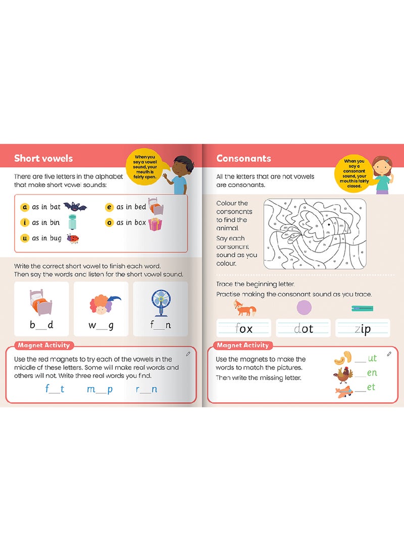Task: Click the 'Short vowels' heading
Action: coord(43,158)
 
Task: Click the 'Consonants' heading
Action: coord(243,158)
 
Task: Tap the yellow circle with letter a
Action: coord(25,207)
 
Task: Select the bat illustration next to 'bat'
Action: coord(75,206)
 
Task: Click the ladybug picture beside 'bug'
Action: coord(73,238)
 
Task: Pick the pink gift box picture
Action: coord(155,224)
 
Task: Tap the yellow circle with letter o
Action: coord(109,222)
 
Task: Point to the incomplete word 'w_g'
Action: coord(101,325)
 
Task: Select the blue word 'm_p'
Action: coord(100,389)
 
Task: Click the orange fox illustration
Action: coord(245,308)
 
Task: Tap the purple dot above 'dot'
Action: coord(304,308)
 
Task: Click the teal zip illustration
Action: coord(362,309)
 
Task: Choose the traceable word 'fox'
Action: coord(244,329)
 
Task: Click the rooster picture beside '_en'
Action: coord(343,375)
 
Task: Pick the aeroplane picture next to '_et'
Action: coord(344,392)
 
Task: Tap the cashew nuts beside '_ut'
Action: coord(343,358)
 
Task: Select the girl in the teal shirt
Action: coord(383,175)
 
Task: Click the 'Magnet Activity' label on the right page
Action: coord(243,345)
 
